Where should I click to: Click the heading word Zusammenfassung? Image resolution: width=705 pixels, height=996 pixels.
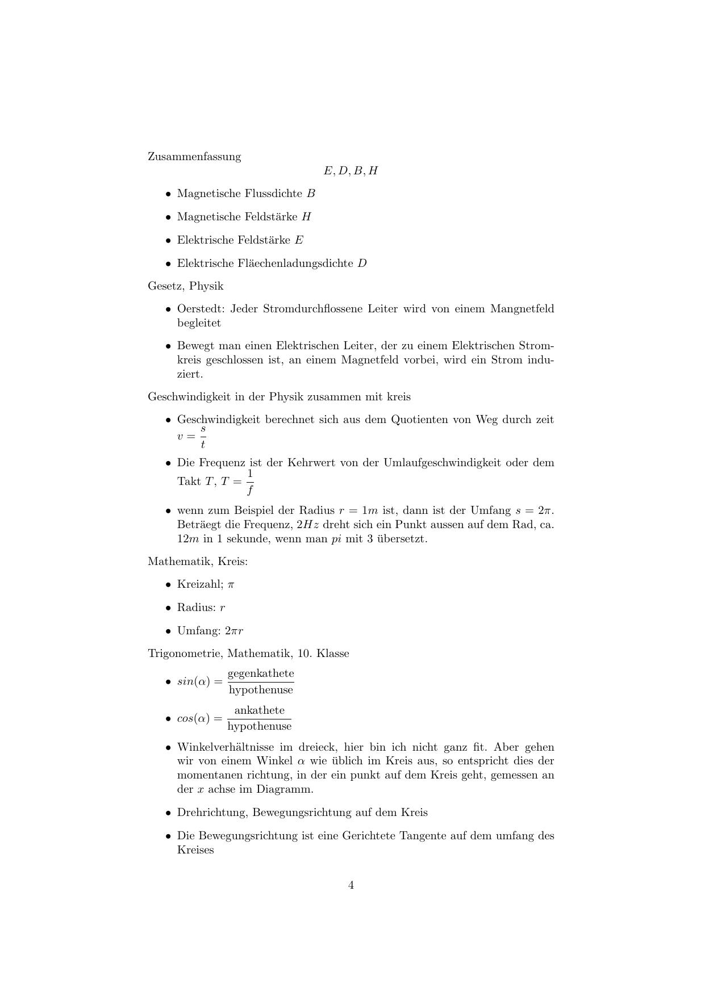coord(194,157)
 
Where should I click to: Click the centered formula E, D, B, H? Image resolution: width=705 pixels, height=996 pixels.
coord(351,171)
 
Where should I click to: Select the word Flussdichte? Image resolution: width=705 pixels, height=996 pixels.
coord(273,194)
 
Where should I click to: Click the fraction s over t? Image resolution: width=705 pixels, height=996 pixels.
coord(203,437)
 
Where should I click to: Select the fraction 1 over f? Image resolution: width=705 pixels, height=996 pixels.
coord(250,482)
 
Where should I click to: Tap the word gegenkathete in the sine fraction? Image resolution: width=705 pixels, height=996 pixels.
coord(261,674)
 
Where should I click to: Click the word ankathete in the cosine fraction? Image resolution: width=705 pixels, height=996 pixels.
coord(259,711)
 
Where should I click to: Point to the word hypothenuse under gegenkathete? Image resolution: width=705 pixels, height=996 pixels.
coord(261,690)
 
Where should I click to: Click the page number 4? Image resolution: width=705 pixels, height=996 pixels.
coord(351,885)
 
